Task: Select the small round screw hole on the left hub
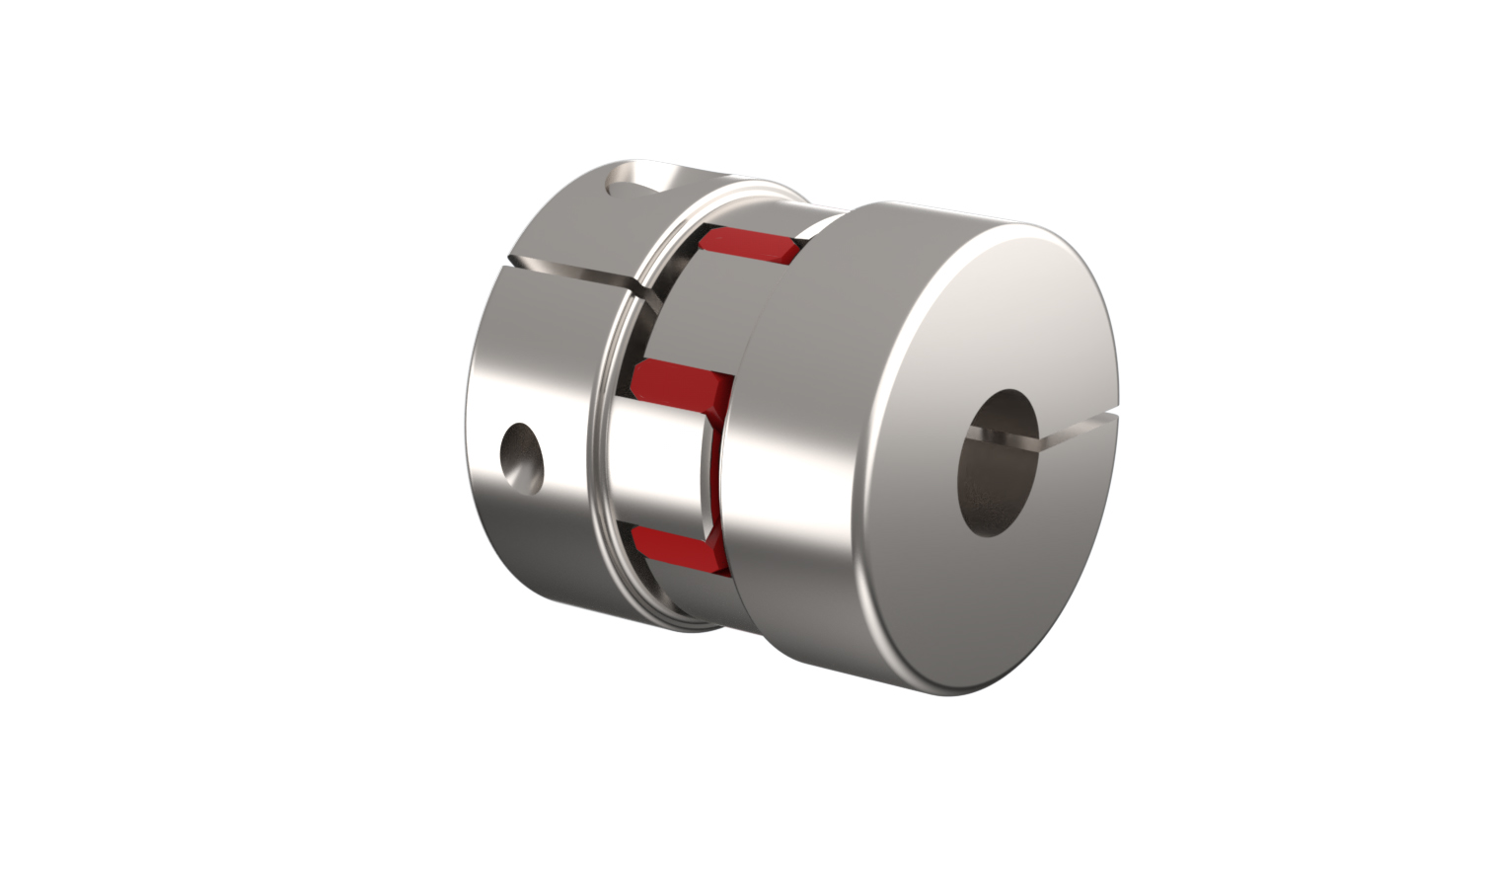tap(522, 455)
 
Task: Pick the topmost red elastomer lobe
tap(752, 246)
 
